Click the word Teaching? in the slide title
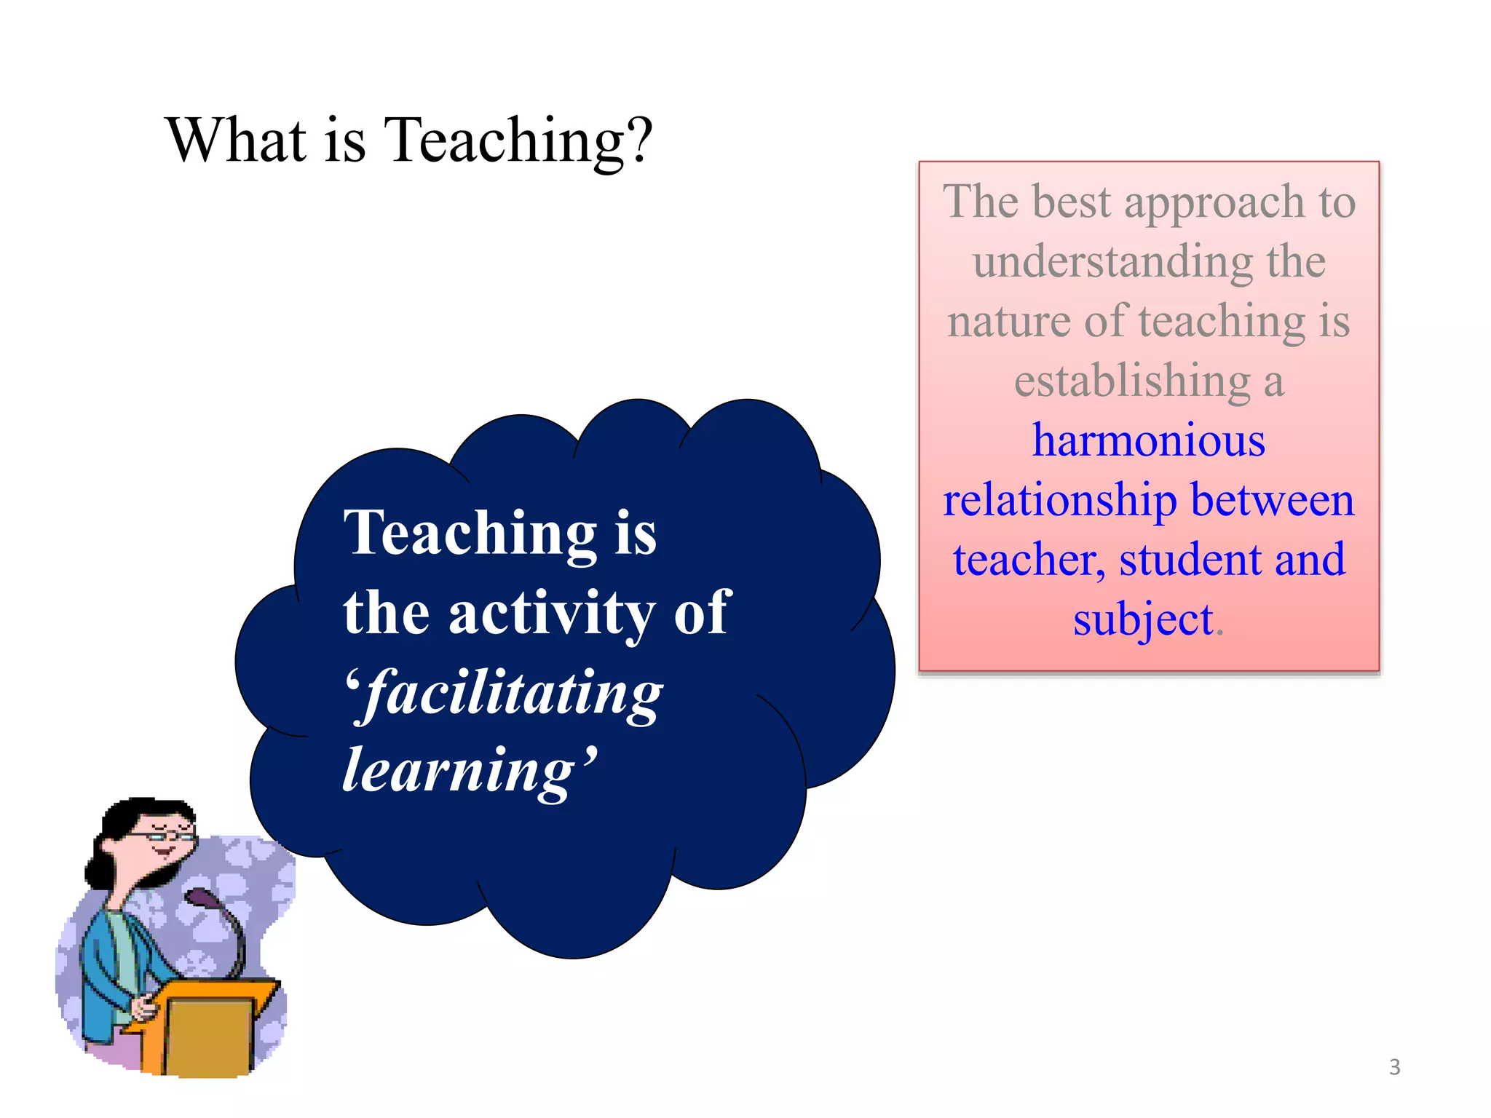coord(518,140)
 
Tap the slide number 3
coord(1394,1067)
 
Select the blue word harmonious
coord(1149,440)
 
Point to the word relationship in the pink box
coord(1059,501)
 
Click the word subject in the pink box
coord(1142,620)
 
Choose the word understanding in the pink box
coord(1112,262)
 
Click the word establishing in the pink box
coord(1132,381)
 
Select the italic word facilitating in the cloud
coord(513,693)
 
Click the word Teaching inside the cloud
coord(470,533)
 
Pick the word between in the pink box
coord(1272,501)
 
